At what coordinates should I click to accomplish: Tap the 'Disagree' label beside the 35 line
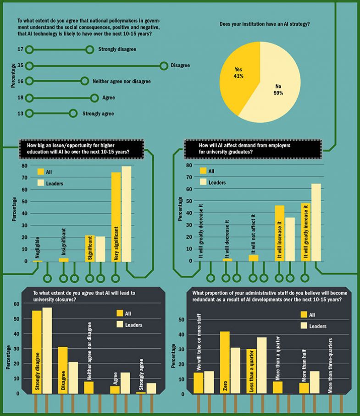click(x=180, y=66)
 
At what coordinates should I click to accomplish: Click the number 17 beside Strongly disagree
click(x=20, y=49)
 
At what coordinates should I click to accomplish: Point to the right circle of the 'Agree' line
click(x=94, y=98)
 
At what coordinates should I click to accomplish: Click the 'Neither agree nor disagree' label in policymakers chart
click(x=122, y=82)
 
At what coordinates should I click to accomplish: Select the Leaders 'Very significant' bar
click(x=126, y=213)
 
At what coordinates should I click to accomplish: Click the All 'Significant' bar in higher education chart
click(x=90, y=248)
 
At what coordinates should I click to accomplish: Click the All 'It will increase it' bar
click(x=279, y=233)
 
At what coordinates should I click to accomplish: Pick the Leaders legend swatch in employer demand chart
click(x=203, y=182)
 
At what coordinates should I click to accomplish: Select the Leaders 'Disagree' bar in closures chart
click(x=73, y=378)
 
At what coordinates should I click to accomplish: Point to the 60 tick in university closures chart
click(x=17, y=304)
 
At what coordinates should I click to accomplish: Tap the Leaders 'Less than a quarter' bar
click(x=262, y=365)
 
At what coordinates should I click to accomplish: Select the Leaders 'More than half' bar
click(x=314, y=382)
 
